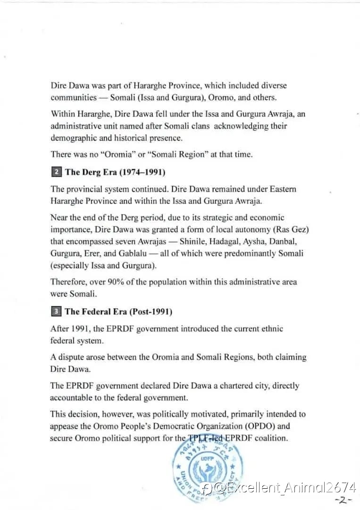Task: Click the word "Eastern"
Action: (283, 189)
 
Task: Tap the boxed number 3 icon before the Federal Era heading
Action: (56, 312)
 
